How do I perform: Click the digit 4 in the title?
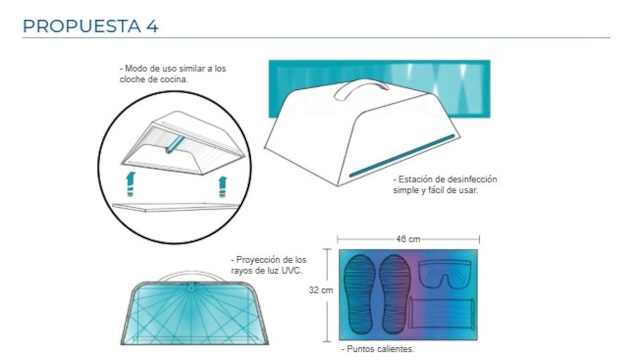[x=152, y=26]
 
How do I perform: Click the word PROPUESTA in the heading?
[x=81, y=26]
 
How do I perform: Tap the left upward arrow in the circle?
[x=130, y=184]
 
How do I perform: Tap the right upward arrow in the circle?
[x=222, y=187]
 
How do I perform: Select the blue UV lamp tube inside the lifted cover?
[x=175, y=144]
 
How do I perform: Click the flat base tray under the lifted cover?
[x=175, y=207]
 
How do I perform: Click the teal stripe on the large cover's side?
[x=402, y=155]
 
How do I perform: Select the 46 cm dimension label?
[x=408, y=239]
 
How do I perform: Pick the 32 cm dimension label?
[x=321, y=290]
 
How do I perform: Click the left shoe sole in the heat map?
[x=359, y=294]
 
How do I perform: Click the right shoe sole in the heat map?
[x=395, y=294]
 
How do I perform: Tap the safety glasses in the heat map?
[x=444, y=273]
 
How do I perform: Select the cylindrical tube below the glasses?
[x=441, y=313]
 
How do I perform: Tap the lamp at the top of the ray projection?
[x=191, y=287]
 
